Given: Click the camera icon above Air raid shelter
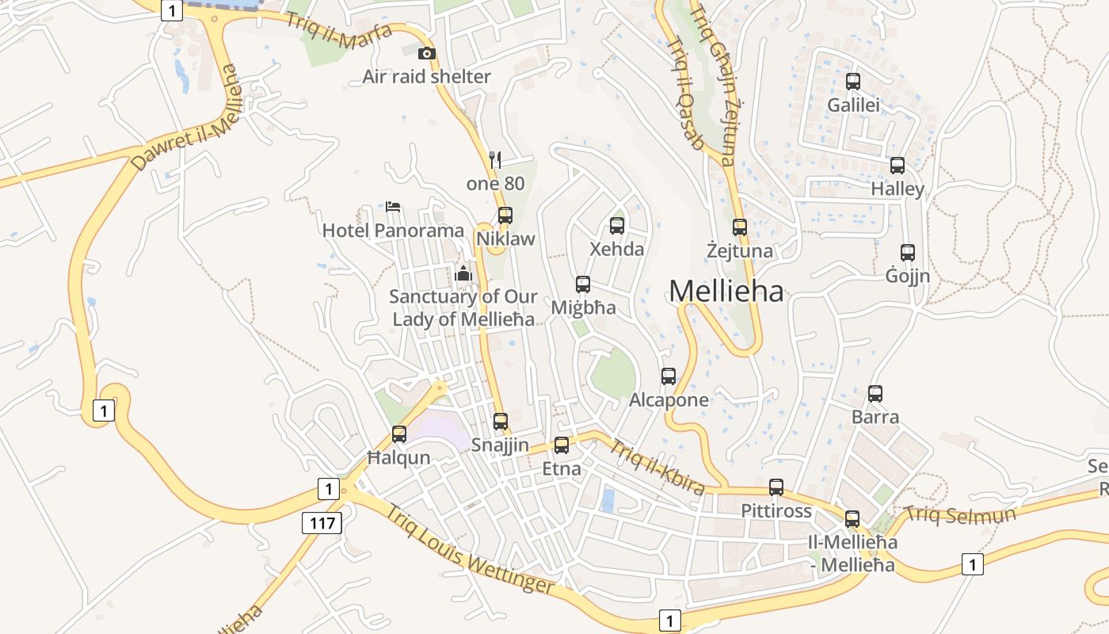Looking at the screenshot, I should tap(427, 53).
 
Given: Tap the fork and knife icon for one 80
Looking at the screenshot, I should tap(495, 159).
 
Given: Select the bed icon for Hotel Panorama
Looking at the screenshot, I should tap(393, 208).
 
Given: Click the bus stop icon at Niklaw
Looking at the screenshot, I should tap(505, 215).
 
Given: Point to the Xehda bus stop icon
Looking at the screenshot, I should tap(617, 225).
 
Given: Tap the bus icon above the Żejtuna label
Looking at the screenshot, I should tap(740, 227).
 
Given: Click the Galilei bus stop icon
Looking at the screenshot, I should tap(853, 81).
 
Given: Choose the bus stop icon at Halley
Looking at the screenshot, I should tap(897, 166).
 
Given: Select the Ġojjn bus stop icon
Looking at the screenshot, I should tap(908, 253).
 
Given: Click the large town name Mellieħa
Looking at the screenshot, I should tap(726, 292).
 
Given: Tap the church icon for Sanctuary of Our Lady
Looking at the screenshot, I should tap(463, 274).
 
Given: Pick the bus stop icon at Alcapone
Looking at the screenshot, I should tap(669, 376).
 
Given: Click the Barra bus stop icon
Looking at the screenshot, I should tap(875, 393).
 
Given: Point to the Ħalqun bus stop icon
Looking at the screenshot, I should tap(399, 434).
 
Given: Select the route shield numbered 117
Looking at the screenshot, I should tap(322, 522).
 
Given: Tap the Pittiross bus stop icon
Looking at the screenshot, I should tap(776, 487).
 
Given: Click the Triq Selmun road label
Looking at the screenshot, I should tap(959, 514).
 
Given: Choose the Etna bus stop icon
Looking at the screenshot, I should tap(562, 445).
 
